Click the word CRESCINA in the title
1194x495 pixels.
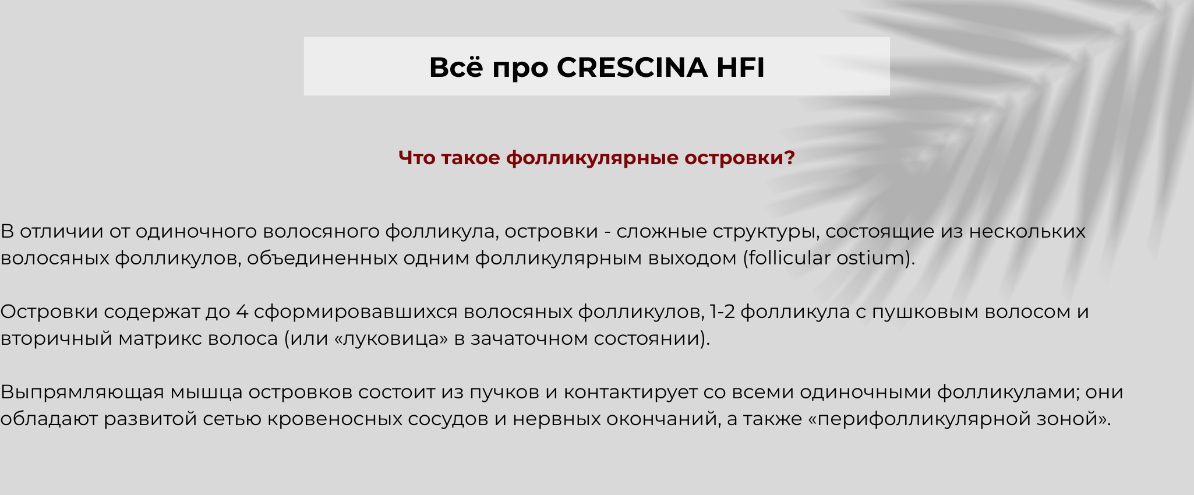coord(632,67)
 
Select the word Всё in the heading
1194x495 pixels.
coord(456,67)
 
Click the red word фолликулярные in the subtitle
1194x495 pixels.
coord(592,158)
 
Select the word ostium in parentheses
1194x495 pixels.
coord(870,257)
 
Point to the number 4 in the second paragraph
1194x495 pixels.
coord(242,312)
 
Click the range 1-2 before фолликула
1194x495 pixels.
coord(722,312)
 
